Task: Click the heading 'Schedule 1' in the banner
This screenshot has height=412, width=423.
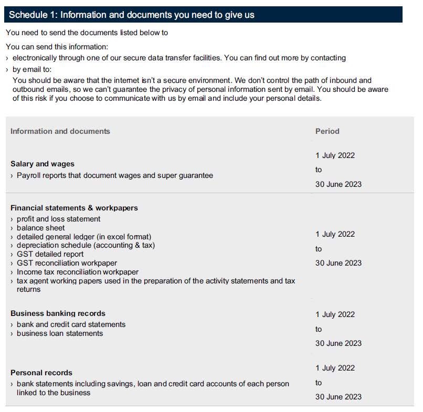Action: pyautogui.click(x=131, y=15)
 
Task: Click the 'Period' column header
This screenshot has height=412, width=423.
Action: pyautogui.click(x=327, y=131)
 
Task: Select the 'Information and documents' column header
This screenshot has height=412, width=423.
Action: pyautogui.click(x=60, y=131)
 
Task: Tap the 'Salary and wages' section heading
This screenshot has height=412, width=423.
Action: pyautogui.click(x=43, y=164)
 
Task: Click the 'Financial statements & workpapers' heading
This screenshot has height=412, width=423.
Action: pyautogui.click(x=74, y=208)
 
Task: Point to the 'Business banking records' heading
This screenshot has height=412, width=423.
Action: pyautogui.click(x=58, y=313)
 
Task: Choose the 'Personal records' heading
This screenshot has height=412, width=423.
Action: pyautogui.click(x=41, y=373)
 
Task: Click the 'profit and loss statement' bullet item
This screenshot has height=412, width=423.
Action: pyautogui.click(x=58, y=219)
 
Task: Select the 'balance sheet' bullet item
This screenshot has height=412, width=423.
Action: pyautogui.click(x=41, y=228)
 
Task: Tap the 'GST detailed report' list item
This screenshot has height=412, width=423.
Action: pyautogui.click(x=50, y=254)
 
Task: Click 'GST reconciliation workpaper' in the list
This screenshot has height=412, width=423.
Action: pyautogui.click(x=67, y=263)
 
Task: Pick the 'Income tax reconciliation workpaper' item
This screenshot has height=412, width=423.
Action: pyautogui.click(x=78, y=272)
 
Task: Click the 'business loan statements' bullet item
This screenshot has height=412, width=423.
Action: pyautogui.click(x=60, y=333)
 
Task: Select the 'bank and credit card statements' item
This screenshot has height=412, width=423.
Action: pyautogui.click(x=71, y=324)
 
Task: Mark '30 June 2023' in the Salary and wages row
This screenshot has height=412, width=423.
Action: pyautogui.click(x=338, y=184)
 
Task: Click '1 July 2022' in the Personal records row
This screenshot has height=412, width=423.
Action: pyautogui.click(x=335, y=368)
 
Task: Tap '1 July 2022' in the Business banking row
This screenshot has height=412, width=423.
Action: pyautogui.click(x=335, y=314)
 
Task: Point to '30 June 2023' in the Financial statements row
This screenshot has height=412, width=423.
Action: pyautogui.click(x=338, y=263)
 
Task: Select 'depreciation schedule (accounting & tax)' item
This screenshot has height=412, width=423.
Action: pyautogui.click(x=86, y=245)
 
